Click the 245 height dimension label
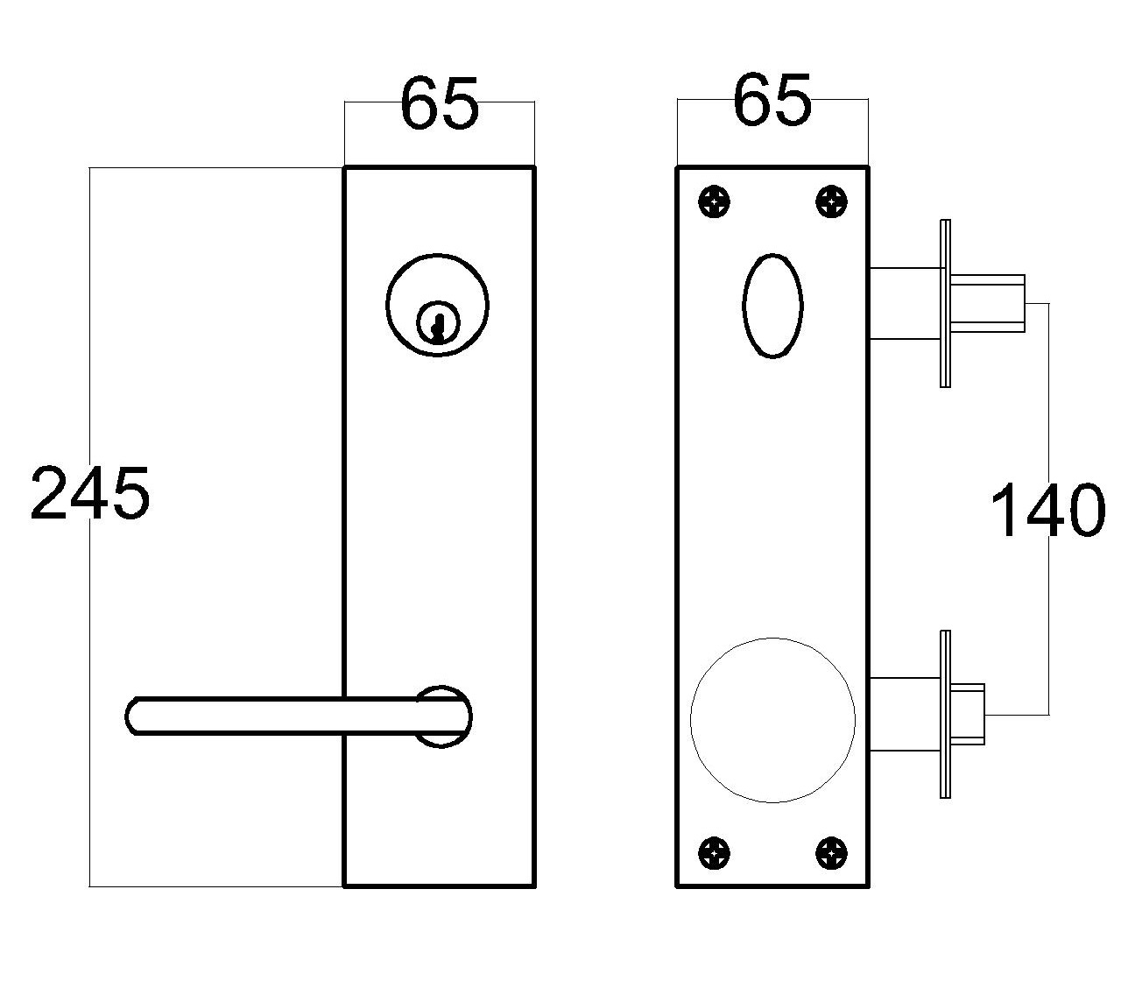click(89, 492)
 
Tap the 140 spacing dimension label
click(1047, 511)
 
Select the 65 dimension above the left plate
click(439, 103)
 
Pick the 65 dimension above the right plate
click(772, 100)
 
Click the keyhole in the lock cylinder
click(437, 324)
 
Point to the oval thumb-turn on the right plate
click(772, 306)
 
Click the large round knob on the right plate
click(772, 720)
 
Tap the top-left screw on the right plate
click(715, 202)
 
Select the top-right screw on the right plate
click(831, 202)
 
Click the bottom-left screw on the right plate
click(715, 853)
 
